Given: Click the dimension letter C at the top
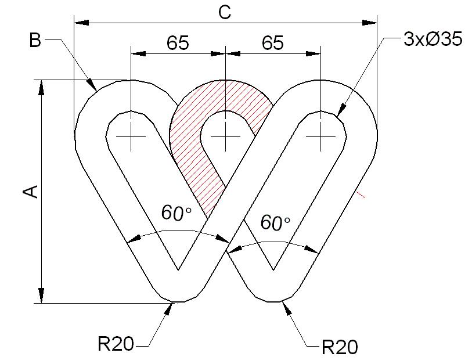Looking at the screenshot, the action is click(225, 13).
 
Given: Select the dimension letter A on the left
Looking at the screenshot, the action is click(31, 192).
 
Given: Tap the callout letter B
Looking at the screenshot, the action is click(35, 40).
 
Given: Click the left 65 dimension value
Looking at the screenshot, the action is click(178, 43).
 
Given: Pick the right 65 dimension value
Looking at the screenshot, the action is click(273, 43).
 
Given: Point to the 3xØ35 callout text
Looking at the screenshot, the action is click(433, 39).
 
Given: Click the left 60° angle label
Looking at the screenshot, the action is click(176, 213).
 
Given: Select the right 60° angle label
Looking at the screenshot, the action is click(275, 223).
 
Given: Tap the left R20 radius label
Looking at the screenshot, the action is click(116, 344).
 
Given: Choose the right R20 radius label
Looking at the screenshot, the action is click(340, 347).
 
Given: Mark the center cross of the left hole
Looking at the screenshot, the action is click(131, 136).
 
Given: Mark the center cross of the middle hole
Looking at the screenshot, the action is click(225, 136).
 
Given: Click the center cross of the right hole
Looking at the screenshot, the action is click(320, 136).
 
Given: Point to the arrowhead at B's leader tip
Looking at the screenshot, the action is click(92, 85).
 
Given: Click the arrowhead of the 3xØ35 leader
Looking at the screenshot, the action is click(341, 110).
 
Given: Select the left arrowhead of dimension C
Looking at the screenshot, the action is click(81, 23).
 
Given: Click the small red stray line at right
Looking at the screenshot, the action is click(361, 195).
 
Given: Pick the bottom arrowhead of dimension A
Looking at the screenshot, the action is click(42, 296).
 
